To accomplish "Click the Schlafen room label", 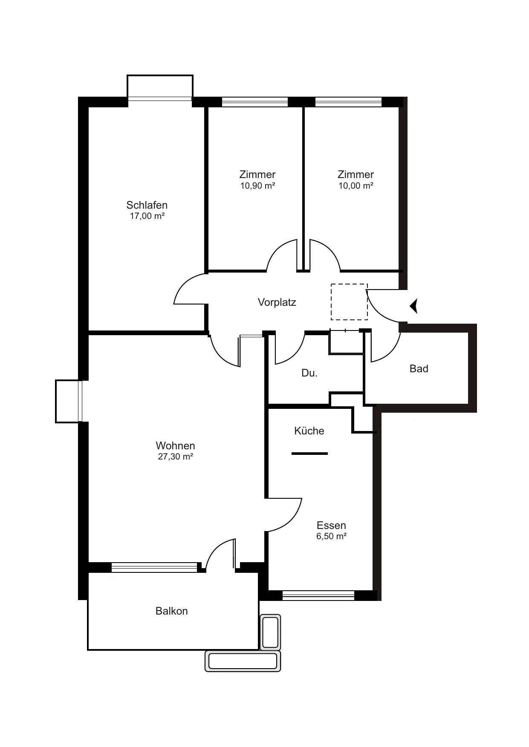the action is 147,205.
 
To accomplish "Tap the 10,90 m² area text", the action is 257,186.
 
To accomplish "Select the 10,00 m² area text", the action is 356,186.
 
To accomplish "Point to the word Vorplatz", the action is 277,302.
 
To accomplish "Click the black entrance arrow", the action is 413,306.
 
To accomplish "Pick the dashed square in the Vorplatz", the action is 349,302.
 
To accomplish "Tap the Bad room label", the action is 419,369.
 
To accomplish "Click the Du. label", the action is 309,373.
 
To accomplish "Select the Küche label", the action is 309,431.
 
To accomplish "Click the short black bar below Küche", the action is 309,454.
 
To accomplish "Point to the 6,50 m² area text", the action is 331,536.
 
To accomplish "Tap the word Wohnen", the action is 176,446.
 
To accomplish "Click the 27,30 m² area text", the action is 176,457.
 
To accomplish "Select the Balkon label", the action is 172,611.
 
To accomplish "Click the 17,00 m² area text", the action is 147,216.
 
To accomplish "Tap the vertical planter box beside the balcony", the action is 270,632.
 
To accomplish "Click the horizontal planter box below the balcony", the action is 243,661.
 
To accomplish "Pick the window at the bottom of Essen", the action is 318,595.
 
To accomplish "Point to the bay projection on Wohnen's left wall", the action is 68,401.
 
